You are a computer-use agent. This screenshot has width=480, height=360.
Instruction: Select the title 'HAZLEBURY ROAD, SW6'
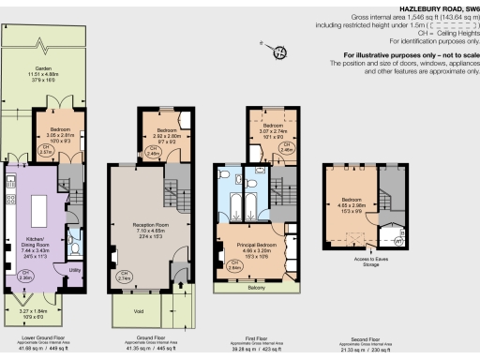coord(437,7)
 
